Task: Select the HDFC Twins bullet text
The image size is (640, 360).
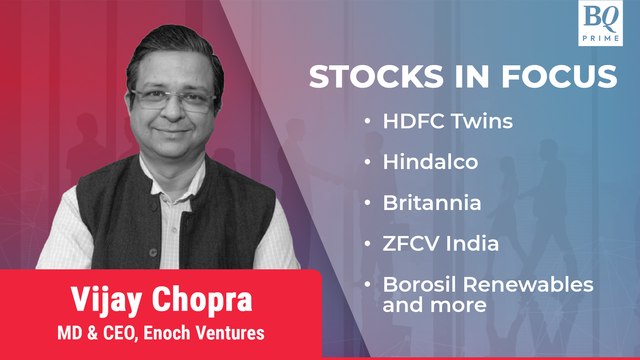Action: click(x=451, y=121)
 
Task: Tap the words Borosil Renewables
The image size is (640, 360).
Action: click(x=488, y=284)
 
